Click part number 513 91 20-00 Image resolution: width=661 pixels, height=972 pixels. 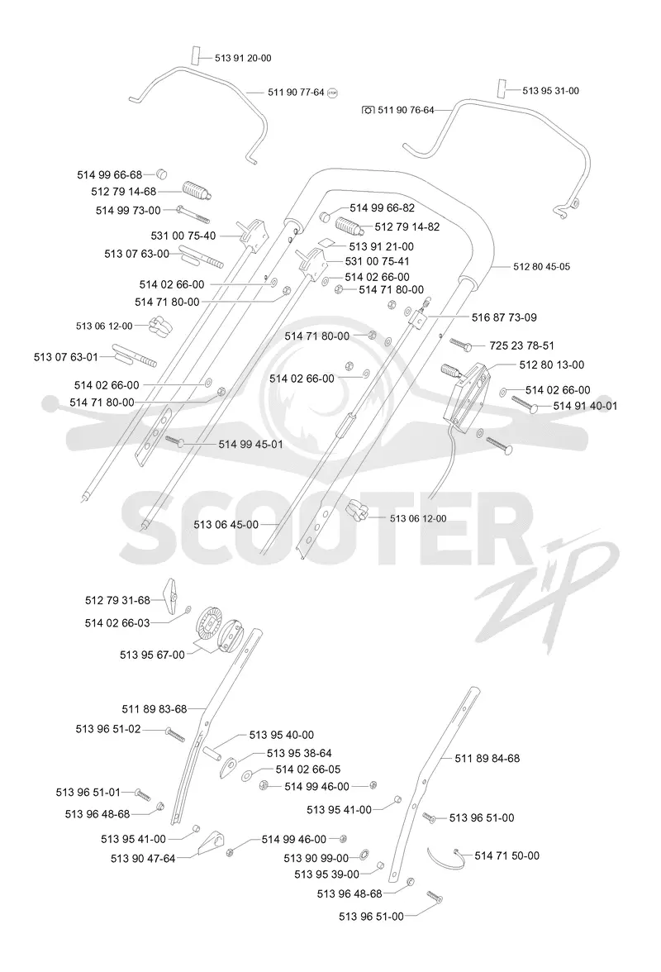click(x=243, y=58)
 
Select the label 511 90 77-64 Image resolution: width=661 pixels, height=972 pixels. click(x=296, y=92)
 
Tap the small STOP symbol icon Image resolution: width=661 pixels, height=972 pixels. click(x=332, y=93)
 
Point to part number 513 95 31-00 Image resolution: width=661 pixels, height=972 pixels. click(x=551, y=91)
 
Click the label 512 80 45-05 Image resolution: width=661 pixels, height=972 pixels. click(x=541, y=266)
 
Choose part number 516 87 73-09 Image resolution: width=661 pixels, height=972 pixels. click(x=504, y=317)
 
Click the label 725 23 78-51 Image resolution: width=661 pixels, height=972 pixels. click(x=521, y=345)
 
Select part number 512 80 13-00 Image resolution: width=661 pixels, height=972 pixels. click(x=551, y=364)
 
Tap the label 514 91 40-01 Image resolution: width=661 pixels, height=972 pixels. click(x=585, y=405)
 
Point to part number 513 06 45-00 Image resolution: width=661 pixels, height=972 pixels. click(x=226, y=524)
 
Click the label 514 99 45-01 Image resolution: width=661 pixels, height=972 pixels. click(x=251, y=444)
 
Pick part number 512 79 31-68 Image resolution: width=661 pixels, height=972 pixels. click(x=117, y=600)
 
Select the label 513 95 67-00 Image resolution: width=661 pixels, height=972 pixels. click(x=152, y=655)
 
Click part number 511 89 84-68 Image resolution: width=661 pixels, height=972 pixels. click(x=487, y=758)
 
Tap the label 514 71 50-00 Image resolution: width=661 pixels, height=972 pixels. click(x=506, y=855)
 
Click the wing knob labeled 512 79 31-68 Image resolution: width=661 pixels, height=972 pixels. click(x=170, y=597)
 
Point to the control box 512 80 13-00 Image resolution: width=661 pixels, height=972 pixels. click(x=468, y=393)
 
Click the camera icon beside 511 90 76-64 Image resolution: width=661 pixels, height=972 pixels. click(x=368, y=110)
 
